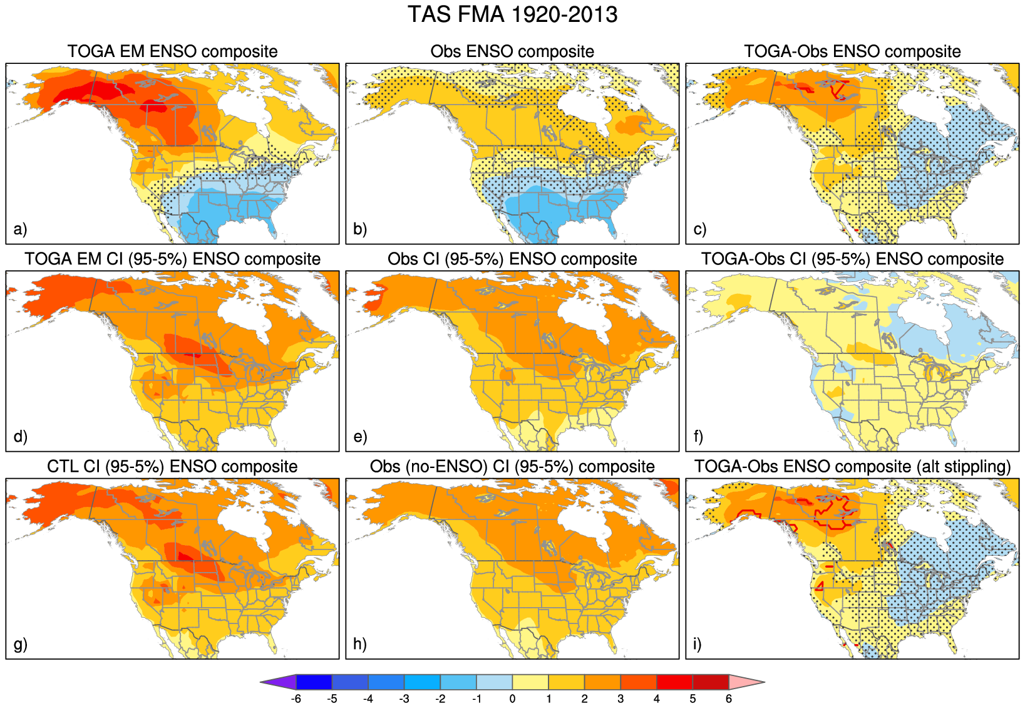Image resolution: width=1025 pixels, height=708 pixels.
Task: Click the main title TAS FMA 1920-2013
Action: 512,14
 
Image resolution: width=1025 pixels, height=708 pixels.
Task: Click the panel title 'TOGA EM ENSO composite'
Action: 172,51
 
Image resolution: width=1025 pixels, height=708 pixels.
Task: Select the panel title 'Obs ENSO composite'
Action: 512,51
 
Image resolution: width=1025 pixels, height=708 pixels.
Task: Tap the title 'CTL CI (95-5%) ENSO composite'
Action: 172,467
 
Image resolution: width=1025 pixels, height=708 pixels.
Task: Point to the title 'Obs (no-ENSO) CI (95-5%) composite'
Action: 512,467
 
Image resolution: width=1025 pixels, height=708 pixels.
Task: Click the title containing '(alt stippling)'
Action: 852,467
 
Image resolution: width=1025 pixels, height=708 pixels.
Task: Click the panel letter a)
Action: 20,229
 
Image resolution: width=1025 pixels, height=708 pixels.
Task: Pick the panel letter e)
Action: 360,437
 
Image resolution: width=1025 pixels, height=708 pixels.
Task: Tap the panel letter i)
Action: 698,644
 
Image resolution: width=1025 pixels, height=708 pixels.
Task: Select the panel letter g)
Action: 20,644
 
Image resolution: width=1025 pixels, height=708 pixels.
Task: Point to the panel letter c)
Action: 700,229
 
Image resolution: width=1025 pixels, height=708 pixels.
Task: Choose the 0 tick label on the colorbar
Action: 512,699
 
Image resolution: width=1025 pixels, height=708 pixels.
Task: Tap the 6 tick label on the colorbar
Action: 729,699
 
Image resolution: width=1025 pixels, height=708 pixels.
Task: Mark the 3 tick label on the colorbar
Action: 621,699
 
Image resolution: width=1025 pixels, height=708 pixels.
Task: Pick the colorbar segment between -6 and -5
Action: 314,682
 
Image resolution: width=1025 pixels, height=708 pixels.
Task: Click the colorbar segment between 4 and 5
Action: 674,682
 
